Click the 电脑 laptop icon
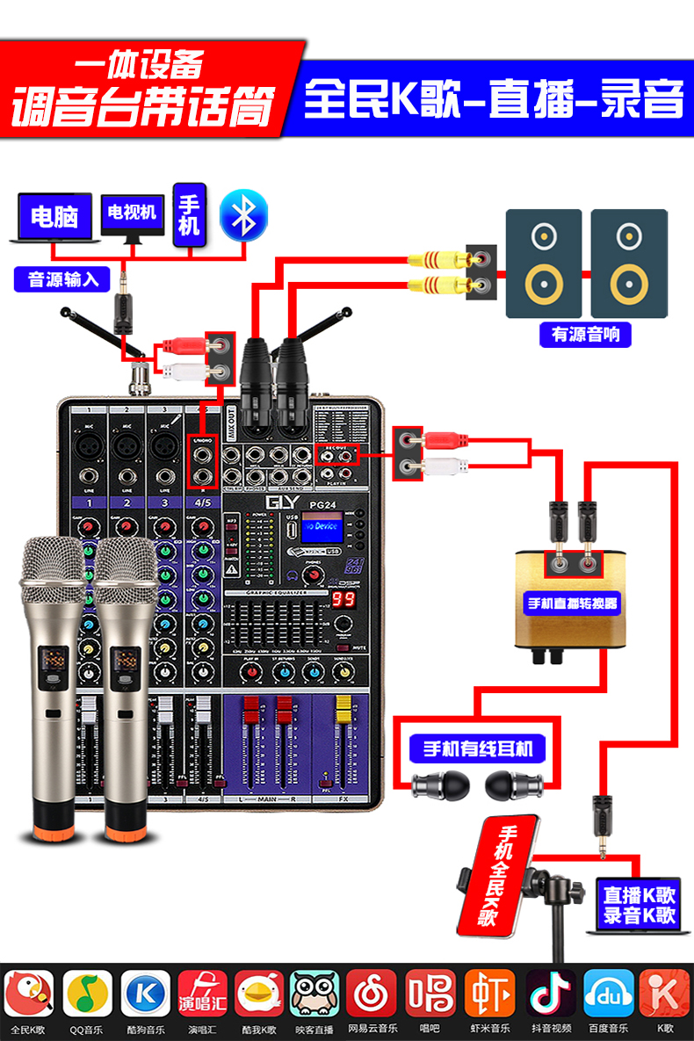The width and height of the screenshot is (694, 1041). (x=54, y=216)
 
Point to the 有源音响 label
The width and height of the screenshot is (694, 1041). (x=585, y=334)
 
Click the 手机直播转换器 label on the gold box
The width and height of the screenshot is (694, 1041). (x=571, y=604)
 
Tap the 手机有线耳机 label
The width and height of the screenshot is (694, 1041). (x=478, y=749)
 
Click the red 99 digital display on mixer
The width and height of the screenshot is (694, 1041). (x=343, y=600)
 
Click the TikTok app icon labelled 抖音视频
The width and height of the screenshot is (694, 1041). (x=551, y=993)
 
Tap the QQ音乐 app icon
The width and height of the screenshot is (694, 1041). (x=87, y=993)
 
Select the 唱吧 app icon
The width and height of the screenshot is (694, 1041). (x=430, y=993)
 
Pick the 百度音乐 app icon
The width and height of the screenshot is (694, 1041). (x=609, y=993)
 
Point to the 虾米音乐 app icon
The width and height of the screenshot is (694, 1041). (x=489, y=993)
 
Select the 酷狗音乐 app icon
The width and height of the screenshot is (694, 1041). (x=145, y=993)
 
